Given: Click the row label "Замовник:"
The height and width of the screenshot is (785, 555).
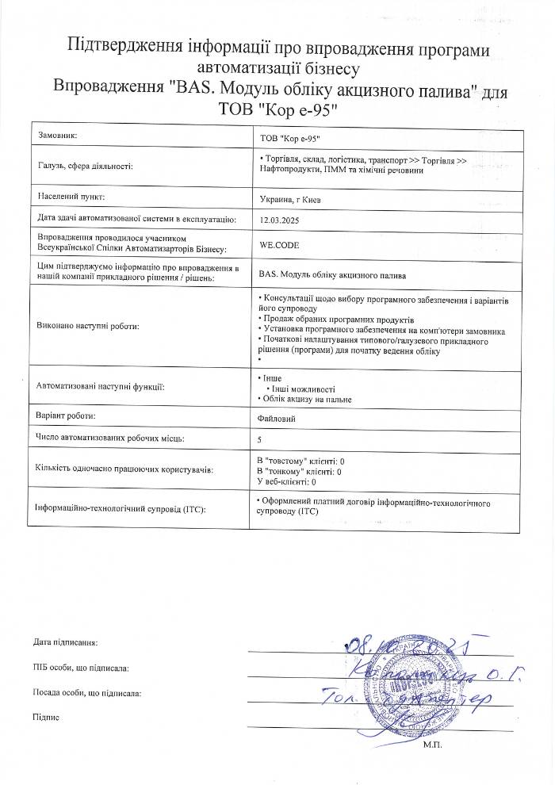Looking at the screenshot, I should coord(58,136).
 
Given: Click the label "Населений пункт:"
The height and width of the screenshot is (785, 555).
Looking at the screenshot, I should coord(71,195).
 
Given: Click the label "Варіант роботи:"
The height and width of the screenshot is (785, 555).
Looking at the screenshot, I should coord(67,416).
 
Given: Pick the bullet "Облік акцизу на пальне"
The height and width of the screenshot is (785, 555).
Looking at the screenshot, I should coord(308,399).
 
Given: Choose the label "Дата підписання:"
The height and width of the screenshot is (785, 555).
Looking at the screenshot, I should coord(66,641).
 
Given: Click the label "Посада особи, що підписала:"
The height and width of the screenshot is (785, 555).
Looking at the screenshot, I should coord(87,693).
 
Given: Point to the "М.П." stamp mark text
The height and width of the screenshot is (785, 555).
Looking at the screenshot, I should coord(432,745).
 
